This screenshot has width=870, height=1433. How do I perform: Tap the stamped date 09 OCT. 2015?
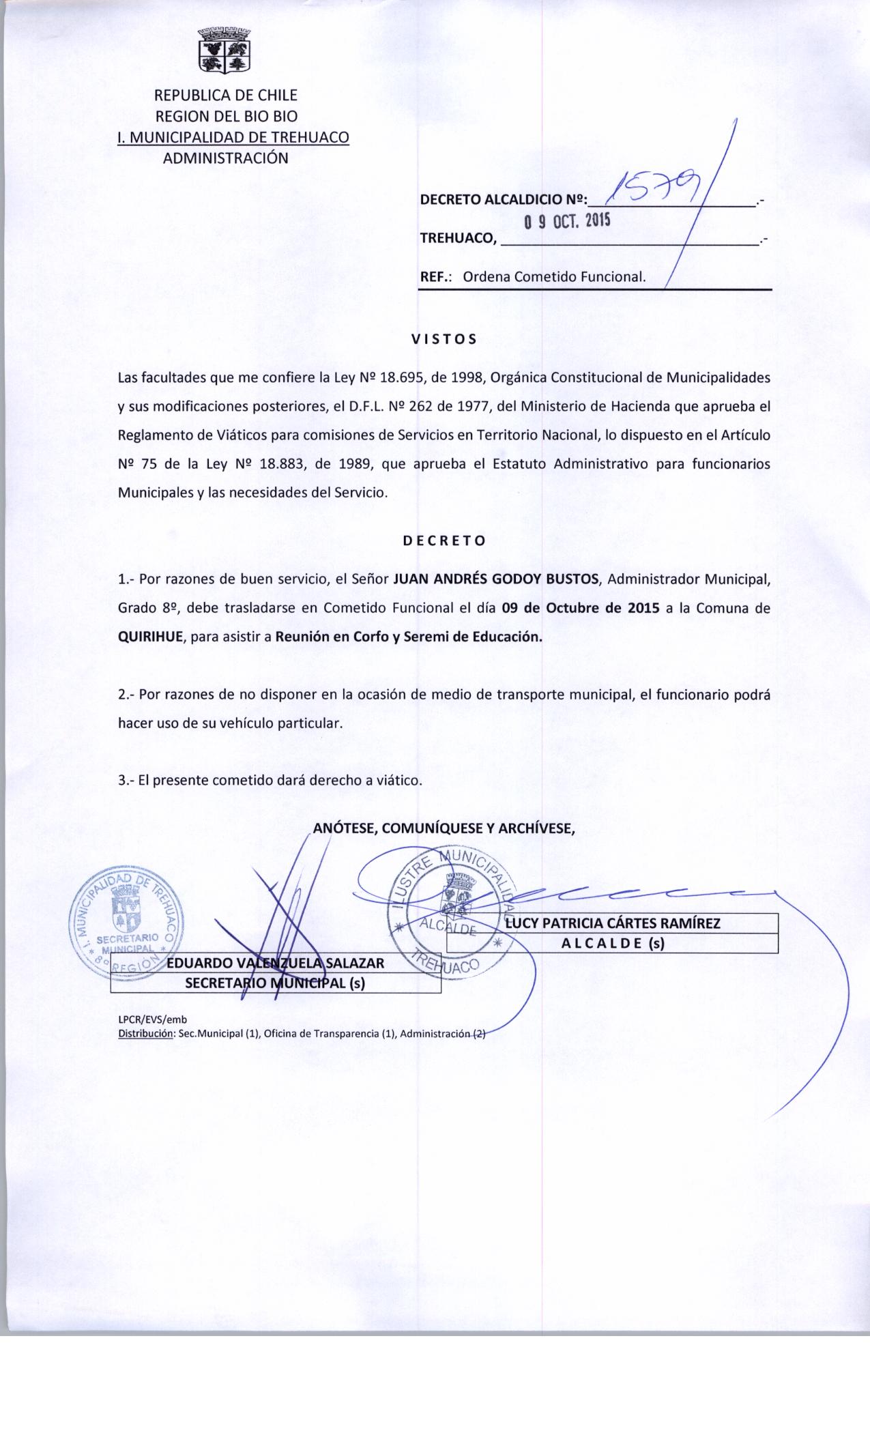[566, 222]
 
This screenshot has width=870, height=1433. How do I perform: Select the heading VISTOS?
[444, 338]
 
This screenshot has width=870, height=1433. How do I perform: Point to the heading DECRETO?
[444, 541]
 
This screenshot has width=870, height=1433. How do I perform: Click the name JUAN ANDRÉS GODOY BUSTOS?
[496, 580]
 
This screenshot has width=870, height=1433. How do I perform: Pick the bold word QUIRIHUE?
[150, 637]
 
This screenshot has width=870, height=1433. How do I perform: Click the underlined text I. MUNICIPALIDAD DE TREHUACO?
[233, 137]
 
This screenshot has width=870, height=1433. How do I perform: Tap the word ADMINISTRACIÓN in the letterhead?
[225, 158]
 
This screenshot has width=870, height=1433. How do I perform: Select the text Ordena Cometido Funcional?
[554, 277]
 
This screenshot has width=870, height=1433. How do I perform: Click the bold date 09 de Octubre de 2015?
[580, 609]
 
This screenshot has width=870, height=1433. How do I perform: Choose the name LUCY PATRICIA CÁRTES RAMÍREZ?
[612, 923]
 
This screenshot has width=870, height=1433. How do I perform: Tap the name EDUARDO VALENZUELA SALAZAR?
[276, 963]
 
